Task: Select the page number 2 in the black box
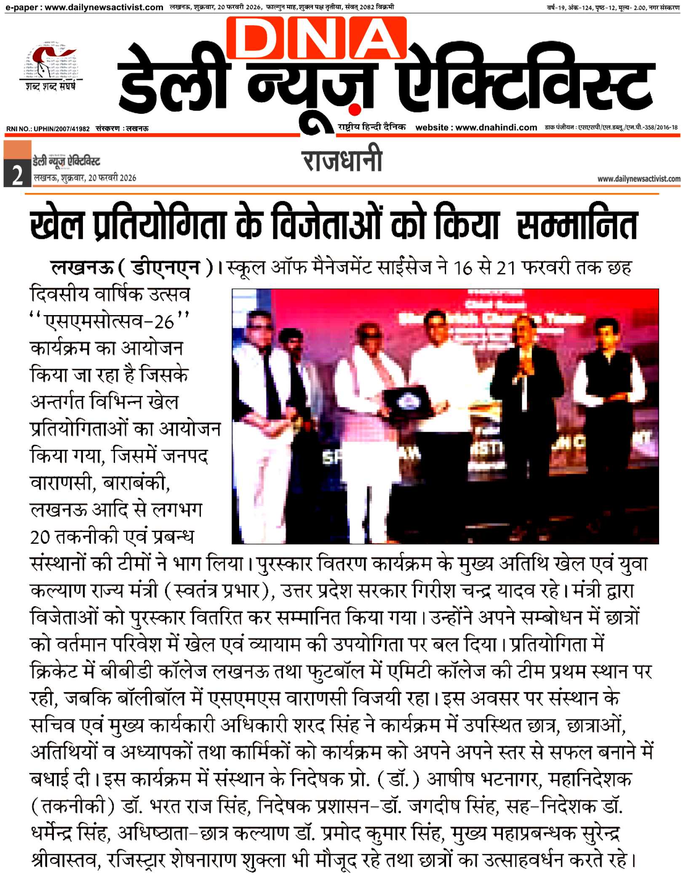[17, 175]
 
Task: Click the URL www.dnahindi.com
[496, 128]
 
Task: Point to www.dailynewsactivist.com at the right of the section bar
[638, 179]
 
